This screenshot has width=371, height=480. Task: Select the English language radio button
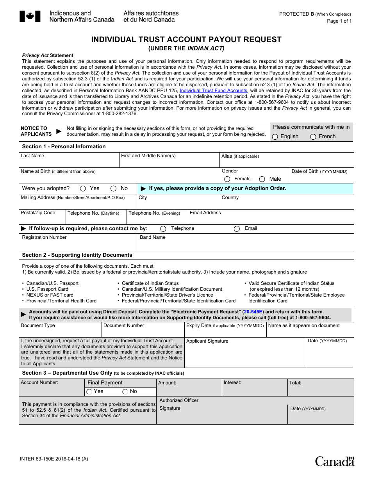(275, 137)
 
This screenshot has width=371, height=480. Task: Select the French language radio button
(313, 137)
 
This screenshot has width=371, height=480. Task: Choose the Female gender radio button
(227, 179)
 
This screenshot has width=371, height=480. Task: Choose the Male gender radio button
(262, 179)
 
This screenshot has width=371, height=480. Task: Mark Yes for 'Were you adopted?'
(83, 188)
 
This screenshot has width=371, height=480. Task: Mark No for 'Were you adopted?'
(113, 188)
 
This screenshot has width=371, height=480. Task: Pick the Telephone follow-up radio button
(163, 229)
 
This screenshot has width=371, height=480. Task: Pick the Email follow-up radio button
(237, 229)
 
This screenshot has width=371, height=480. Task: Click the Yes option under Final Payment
(89, 391)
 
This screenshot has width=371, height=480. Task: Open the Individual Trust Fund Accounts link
(213, 91)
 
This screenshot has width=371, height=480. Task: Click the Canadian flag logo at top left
(27, 16)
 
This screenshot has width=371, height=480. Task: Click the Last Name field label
(32, 156)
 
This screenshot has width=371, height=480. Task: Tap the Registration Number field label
(44, 237)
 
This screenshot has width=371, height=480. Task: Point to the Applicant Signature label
(207, 341)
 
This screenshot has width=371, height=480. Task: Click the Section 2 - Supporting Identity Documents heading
(77, 255)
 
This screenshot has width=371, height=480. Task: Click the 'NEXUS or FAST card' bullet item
(50, 295)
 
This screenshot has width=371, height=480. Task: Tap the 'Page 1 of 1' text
(339, 21)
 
